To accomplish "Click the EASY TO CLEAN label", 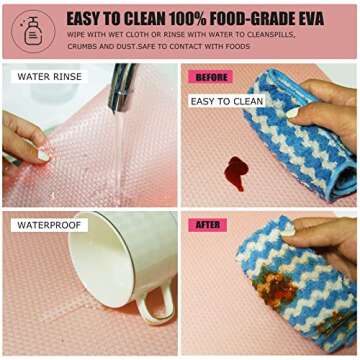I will [x=227, y=101].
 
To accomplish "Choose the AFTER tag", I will [x=207, y=225].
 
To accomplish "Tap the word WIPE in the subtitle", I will [x=77, y=36].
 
